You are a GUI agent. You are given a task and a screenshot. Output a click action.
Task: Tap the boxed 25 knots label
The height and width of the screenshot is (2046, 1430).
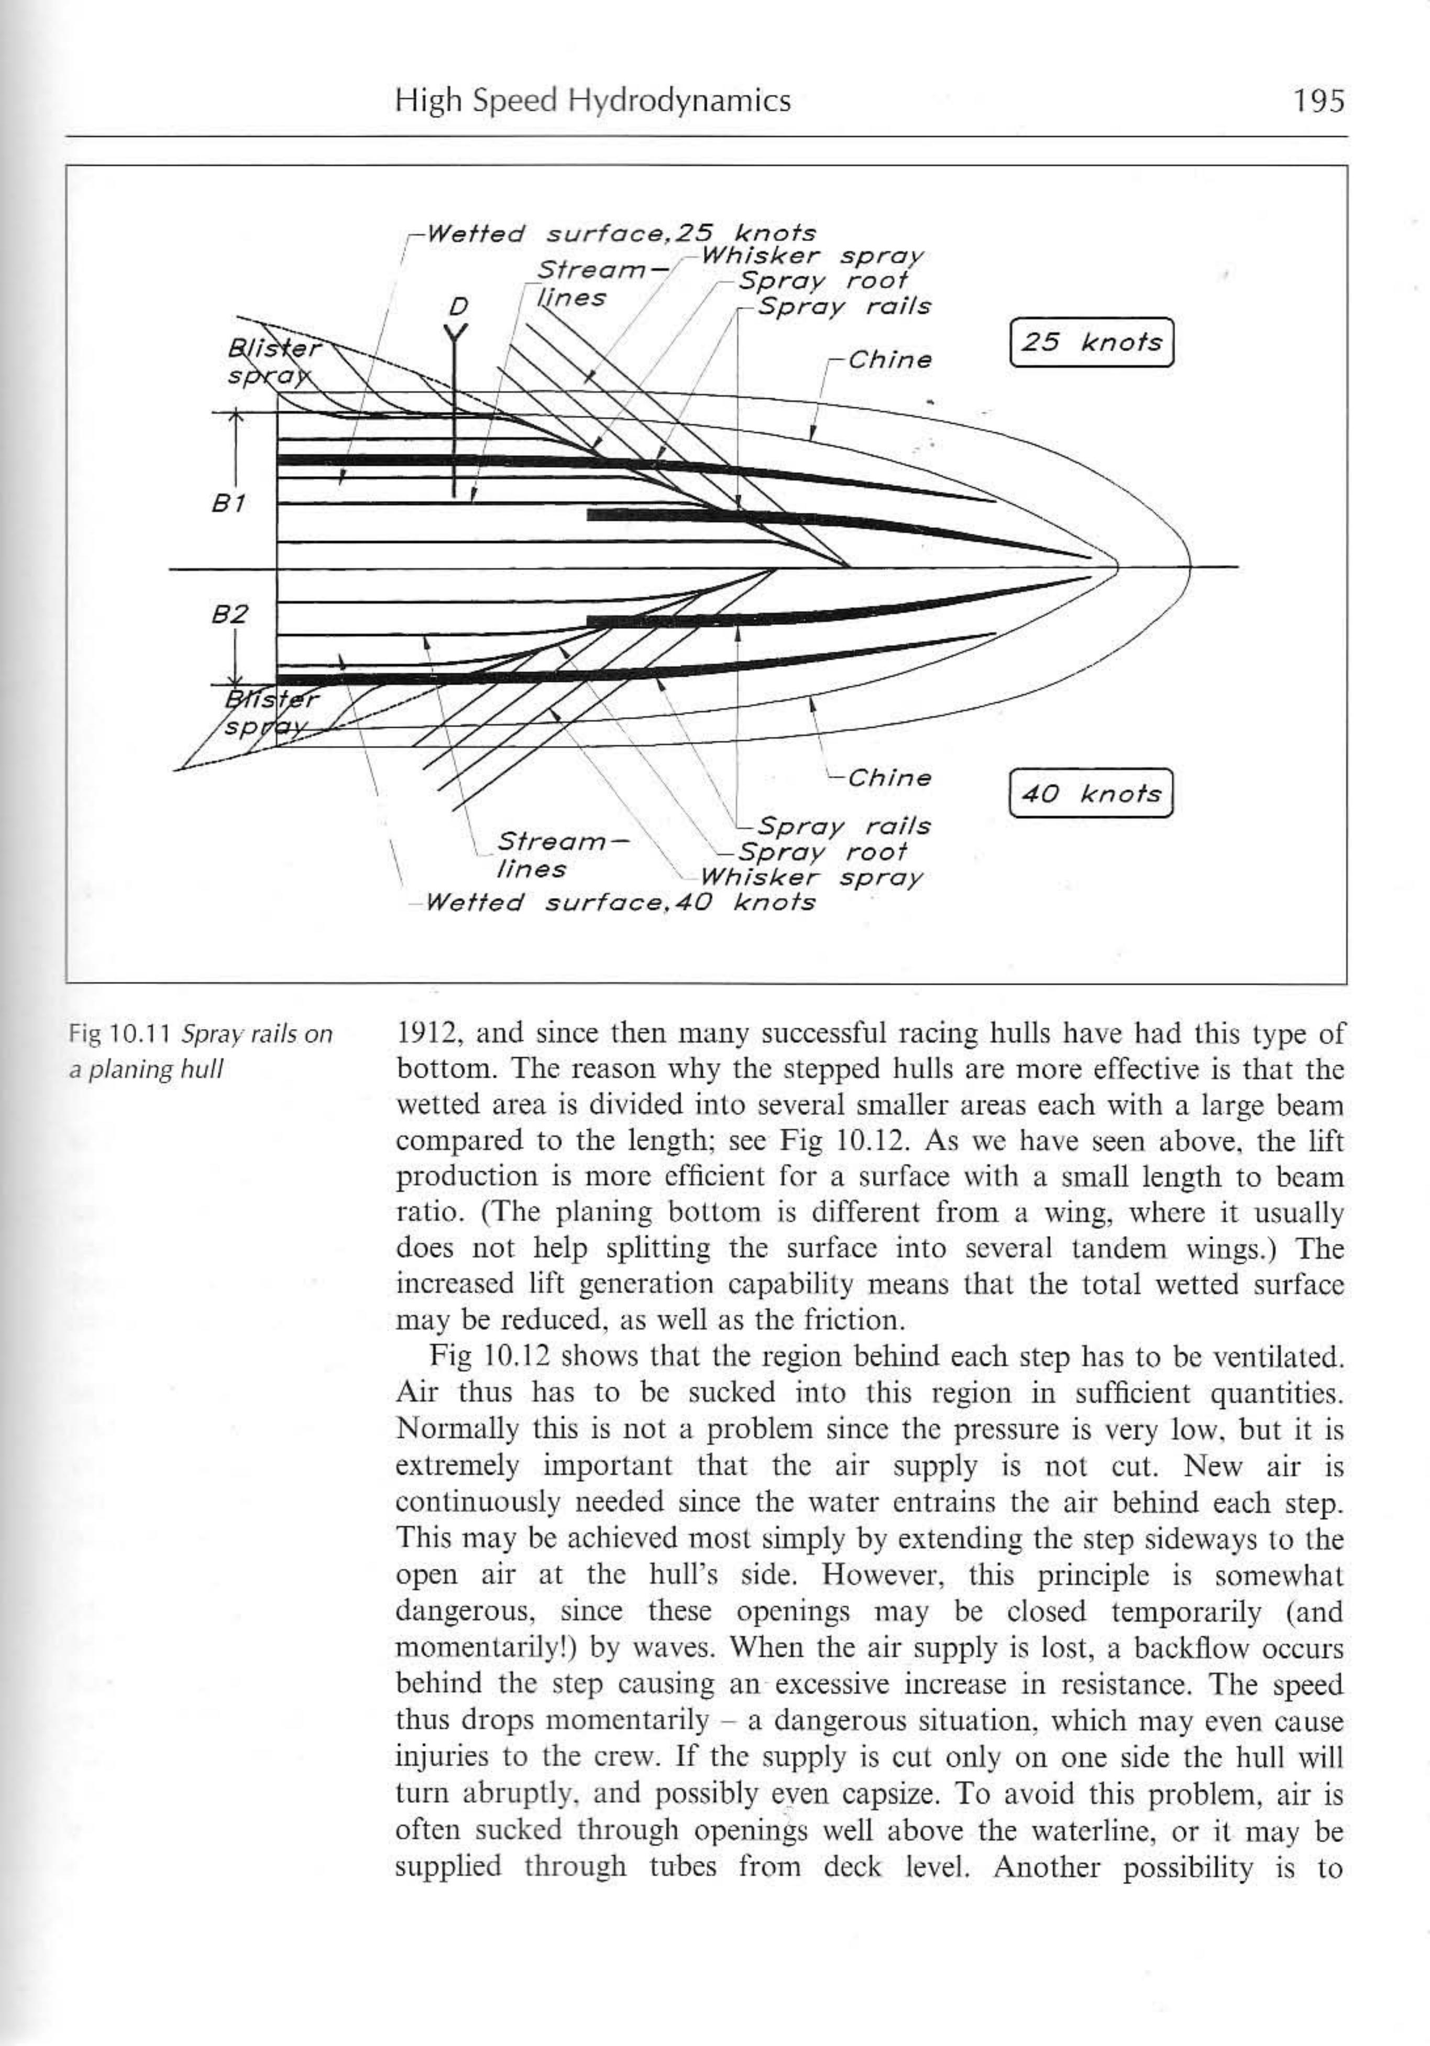point(1091,342)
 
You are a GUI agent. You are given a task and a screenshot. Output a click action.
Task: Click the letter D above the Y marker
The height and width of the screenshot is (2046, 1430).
point(457,307)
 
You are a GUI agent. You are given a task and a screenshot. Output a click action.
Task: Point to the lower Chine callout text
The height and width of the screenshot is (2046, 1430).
point(888,778)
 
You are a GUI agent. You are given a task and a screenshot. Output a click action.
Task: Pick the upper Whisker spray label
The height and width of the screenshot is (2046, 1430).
point(811,257)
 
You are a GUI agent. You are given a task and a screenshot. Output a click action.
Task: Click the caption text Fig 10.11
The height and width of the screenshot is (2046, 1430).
point(122,1035)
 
